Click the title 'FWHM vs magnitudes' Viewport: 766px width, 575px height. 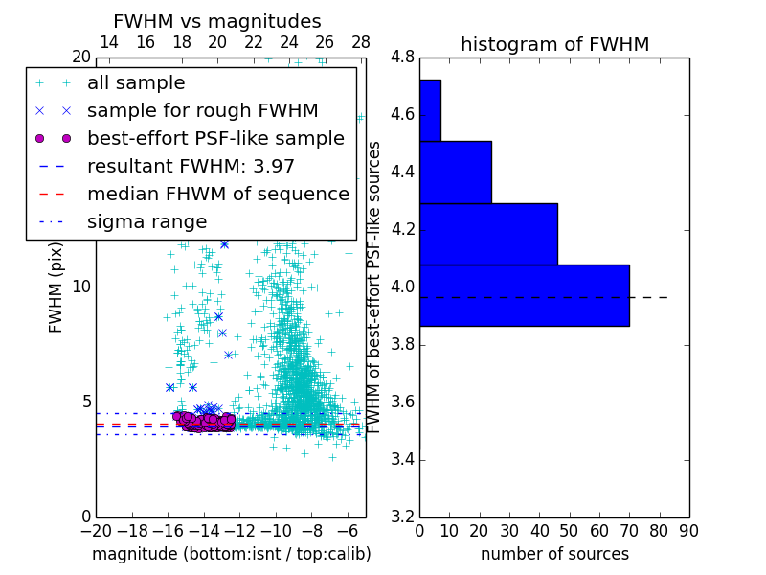click(216, 22)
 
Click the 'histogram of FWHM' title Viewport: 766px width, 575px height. click(554, 44)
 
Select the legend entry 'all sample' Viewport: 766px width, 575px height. click(136, 83)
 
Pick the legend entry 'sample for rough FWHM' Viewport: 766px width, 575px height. click(202, 110)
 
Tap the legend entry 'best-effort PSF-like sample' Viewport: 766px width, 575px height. click(215, 138)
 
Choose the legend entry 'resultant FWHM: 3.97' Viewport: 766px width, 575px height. click(191, 166)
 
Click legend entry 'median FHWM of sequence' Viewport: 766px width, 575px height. click(217, 194)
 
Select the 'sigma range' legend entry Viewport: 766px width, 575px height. click(146, 222)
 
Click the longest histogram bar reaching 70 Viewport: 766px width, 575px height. click(524, 295)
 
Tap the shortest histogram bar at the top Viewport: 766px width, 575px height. click(430, 110)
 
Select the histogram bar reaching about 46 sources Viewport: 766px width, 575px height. click(488, 234)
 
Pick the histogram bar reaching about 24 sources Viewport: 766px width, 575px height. click(455, 172)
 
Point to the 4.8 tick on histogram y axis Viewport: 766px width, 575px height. click(403, 57)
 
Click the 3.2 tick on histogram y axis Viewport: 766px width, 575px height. click(403, 517)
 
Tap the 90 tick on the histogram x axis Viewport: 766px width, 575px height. click(687, 530)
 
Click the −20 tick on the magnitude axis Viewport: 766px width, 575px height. click(96, 530)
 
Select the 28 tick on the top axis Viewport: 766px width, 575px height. click(361, 42)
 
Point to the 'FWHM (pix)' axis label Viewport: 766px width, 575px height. click(56, 287)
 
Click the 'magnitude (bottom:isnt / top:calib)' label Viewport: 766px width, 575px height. click(231, 554)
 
